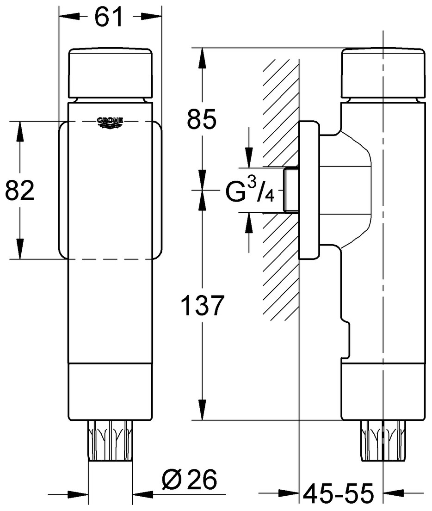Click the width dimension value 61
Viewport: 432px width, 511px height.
[110, 17]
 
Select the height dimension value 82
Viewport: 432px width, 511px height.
[20, 191]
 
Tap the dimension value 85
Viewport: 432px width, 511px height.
[201, 120]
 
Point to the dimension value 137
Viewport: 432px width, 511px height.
[202, 306]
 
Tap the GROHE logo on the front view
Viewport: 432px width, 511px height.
[110, 122]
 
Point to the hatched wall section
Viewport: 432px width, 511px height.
[280, 259]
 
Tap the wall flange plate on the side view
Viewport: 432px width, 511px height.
[309, 190]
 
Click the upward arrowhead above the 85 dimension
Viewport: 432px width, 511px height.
[202, 58]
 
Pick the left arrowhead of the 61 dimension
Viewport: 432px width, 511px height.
[68, 17]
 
